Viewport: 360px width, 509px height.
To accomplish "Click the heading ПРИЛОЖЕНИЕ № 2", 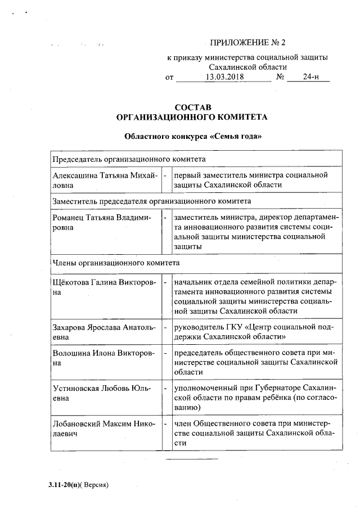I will pyautogui.click(x=247, y=43).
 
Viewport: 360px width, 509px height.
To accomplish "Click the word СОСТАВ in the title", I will pyautogui.click(x=193, y=107).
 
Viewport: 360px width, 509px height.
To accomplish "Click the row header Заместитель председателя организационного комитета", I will pyautogui.click(x=151, y=200).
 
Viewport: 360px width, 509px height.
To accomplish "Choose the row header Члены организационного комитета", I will pyautogui.click(x=115, y=262).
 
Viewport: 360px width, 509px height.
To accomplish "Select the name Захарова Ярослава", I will pyautogui.click(x=87, y=327).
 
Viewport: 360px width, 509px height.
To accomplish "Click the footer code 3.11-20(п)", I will pyautogui.click(x=65, y=484).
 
